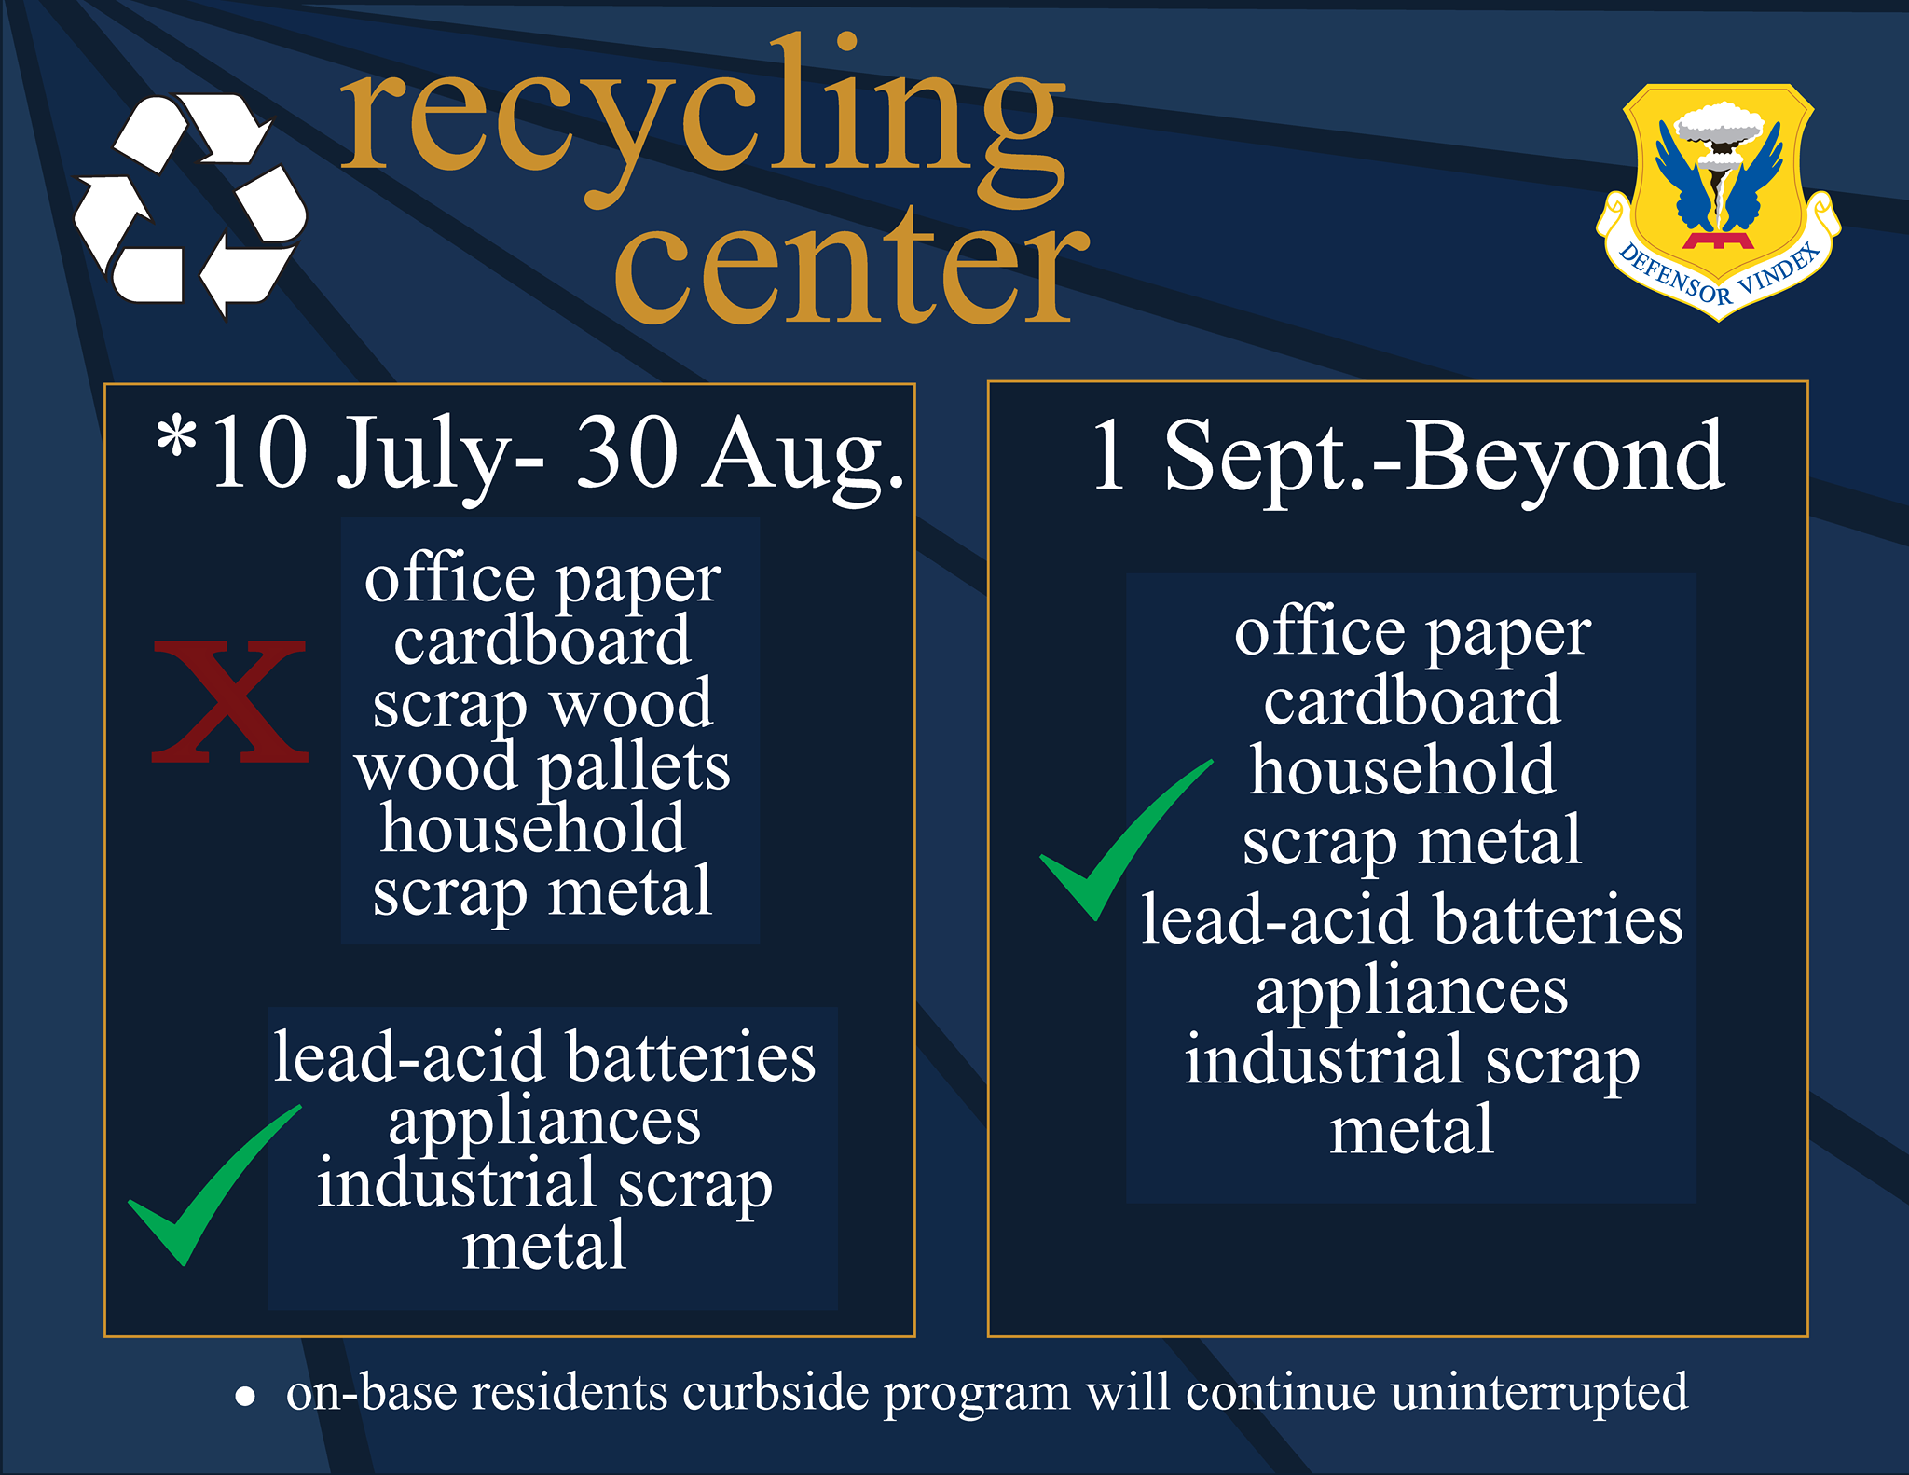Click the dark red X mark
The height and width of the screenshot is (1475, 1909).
click(x=229, y=701)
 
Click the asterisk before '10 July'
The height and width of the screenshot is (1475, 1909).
click(x=176, y=435)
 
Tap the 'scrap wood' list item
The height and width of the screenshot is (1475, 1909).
click(x=542, y=706)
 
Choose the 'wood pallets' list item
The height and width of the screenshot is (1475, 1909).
click(x=542, y=768)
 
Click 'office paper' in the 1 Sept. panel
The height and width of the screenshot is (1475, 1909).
click(x=1412, y=635)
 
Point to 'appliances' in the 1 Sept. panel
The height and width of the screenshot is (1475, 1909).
click(x=1412, y=992)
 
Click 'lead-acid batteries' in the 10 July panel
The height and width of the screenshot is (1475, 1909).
click(x=544, y=1057)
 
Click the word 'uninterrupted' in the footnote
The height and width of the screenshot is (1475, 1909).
click(x=1539, y=1393)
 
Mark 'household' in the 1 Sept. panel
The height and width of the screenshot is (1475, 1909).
click(x=1403, y=770)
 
